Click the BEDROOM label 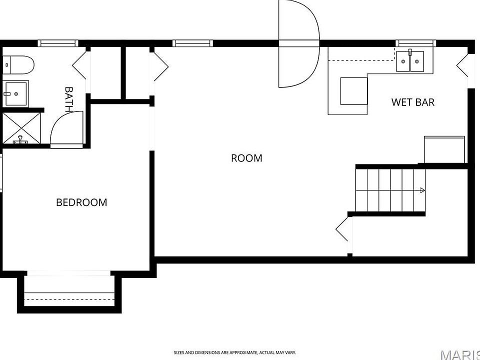click(x=81, y=202)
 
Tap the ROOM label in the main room click(x=246, y=158)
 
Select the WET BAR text click(x=413, y=102)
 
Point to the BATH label click(x=69, y=99)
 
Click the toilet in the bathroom click(x=18, y=64)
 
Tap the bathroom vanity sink click(x=15, y=93)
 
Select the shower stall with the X click(x=21, y=128)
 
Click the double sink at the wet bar click(x=410, y=61)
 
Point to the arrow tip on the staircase click(x=425, y=190)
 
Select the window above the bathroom click(x=58, y=43)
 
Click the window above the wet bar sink click(x=415, y=43)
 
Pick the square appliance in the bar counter click(x=354, y=91)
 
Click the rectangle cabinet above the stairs click(x=444, y=149)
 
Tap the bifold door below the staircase click(x=342, y=228)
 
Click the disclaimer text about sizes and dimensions click(x=235, y=352)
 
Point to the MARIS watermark click(x=461, y=355)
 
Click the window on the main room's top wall click(x=192, y=43)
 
